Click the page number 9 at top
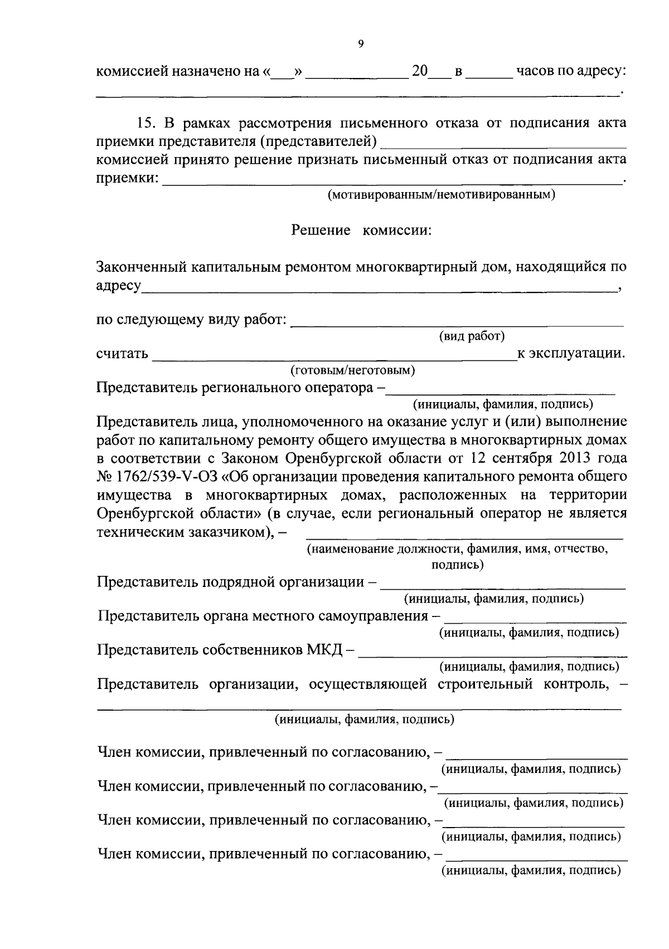tap(360, 45)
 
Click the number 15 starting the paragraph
tap(145, 123)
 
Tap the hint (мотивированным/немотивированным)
tap(441, 195)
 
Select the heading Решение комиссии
tap(362, 230)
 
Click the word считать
tap(122, 354)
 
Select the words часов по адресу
tap(571, 72)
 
